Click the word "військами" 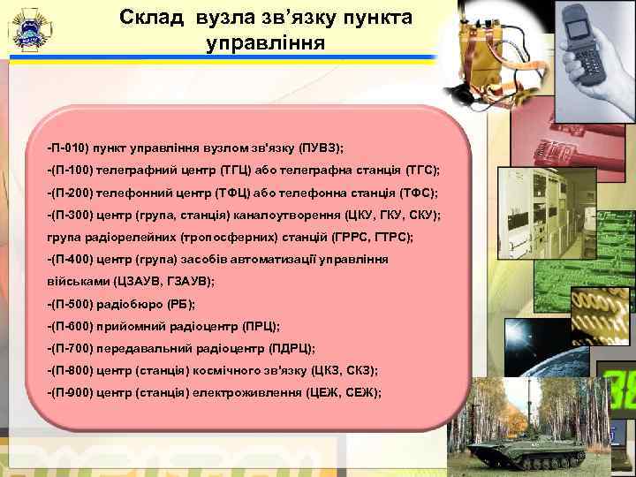point(79,281)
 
